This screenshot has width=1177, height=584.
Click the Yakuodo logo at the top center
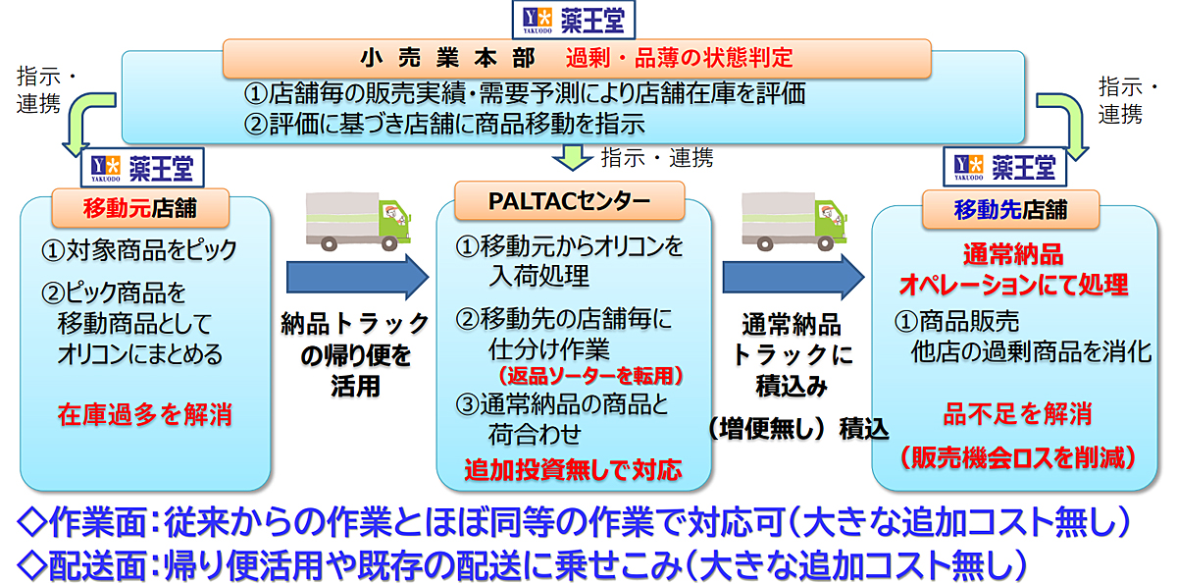pos(574,20)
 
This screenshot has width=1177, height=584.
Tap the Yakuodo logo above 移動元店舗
pos(142,168)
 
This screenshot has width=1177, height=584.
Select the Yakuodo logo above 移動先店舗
pos(1004,167)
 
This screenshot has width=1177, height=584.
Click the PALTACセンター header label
pos(570,201)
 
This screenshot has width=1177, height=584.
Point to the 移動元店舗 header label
pos(140,208)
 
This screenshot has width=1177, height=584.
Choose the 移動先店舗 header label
pos(1010,209)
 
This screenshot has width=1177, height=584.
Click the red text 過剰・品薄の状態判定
pos(679,58)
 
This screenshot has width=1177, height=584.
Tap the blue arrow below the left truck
pos(357,277)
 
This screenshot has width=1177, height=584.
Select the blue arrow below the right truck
pos(793,277)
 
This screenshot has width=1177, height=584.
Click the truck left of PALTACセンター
pos(358,222)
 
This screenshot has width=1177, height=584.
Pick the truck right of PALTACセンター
pos(794,222)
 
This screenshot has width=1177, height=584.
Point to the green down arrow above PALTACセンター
pos(572,158)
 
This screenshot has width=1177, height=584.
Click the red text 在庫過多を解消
pos(145,414)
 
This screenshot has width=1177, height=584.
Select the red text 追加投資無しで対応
pos(573,469)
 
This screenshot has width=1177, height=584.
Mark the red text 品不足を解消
pos(1018,413)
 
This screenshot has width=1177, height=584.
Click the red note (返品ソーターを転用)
pos(590,375)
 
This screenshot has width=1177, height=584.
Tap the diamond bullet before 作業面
pos(31,522)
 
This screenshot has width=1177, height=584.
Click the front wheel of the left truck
pos(389,243)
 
